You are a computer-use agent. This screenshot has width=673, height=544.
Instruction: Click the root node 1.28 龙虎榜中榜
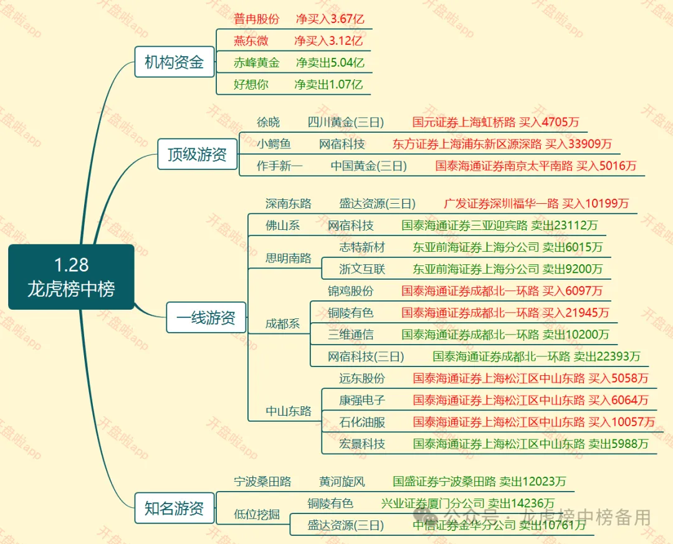(71, 277)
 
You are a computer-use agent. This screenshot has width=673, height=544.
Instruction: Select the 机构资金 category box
(174, 62)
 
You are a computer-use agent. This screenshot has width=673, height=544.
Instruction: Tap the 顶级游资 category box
(197, 154)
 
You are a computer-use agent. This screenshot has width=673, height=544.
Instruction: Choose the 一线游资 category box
(206, 318)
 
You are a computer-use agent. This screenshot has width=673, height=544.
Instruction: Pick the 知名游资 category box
(174, 508)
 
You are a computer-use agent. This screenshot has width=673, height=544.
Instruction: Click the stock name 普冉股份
(257, 19)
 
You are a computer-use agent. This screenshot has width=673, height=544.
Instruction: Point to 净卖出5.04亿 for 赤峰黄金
(330, 62)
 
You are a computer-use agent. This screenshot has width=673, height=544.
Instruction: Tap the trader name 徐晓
(269, 122)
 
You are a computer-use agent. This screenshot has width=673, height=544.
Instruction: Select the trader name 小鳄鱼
(274, 145)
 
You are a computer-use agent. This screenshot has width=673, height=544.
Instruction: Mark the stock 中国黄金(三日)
(368, 166)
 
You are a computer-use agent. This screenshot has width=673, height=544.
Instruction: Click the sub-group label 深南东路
(288, 204)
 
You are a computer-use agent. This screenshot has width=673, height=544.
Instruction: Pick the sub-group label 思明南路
(288, 258)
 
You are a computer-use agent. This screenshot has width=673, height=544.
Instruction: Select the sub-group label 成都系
(282, 324)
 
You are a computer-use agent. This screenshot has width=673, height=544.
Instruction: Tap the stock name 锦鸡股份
(351, 291)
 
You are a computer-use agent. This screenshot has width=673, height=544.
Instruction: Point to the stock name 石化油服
(362, 422)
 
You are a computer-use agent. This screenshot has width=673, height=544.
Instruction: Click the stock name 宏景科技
(362, 444)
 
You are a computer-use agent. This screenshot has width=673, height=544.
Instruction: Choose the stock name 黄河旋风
(342, 482)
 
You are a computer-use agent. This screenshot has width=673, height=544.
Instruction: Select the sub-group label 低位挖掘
(257, 515)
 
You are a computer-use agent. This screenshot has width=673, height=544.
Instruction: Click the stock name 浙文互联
(362, 269)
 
